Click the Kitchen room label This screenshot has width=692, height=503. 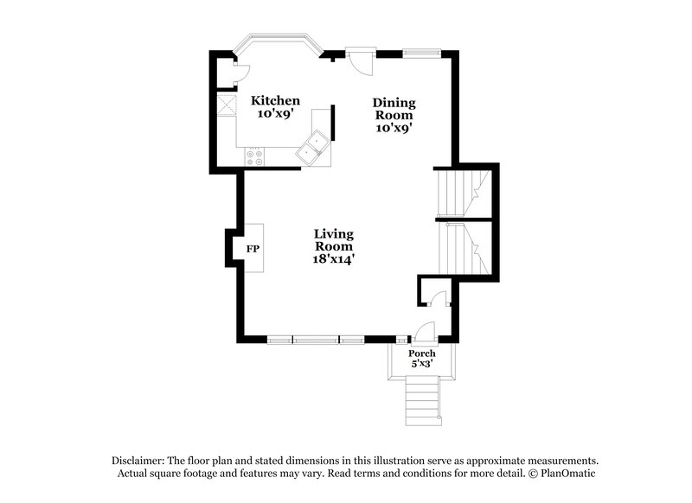tap(275, 101)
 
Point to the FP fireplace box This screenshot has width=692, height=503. tap(253, 249)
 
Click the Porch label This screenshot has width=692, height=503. tap(422, 353)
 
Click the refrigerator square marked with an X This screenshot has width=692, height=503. tap(227, 105)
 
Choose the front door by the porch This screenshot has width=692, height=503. tap(424, 332)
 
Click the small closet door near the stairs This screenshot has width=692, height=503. tap(438, 299)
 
